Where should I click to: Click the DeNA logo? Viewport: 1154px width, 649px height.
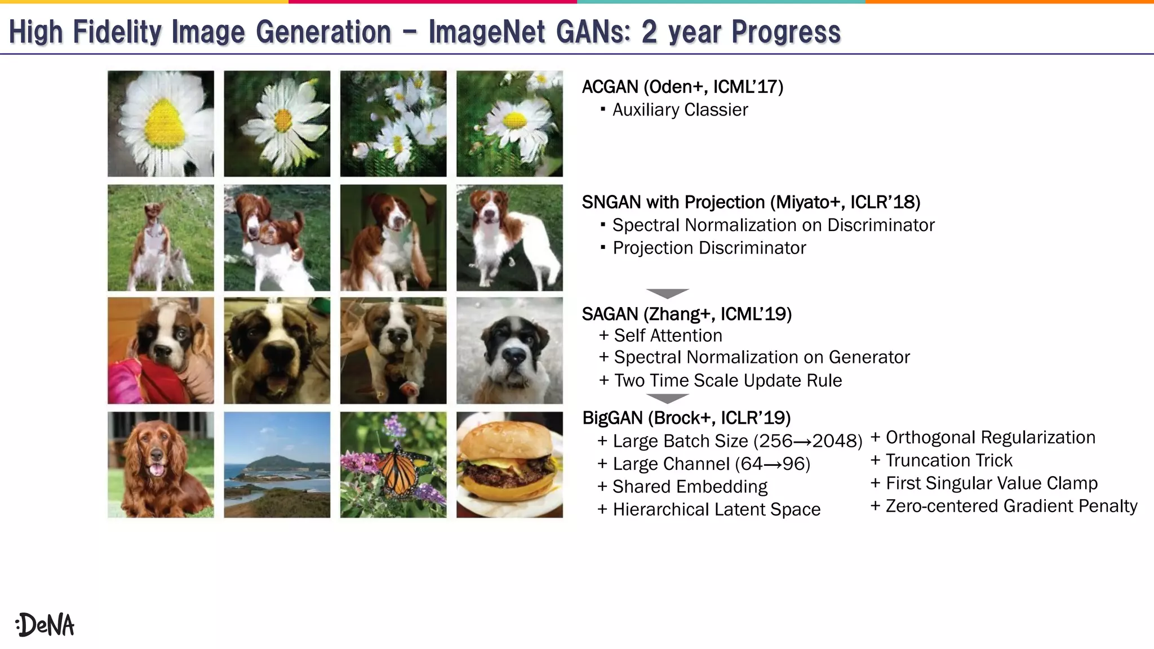coord(45,625)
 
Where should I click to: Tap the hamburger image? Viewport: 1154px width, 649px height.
coord(509,465)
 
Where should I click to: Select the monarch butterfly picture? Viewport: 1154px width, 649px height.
coord(393,465)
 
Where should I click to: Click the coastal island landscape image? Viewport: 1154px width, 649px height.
coord(277,465)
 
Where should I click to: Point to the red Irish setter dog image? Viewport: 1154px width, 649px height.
coord(161,465)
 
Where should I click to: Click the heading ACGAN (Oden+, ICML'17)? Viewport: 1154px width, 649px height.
coord(682,87)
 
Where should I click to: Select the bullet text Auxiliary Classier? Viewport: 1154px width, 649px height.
coord(680,110)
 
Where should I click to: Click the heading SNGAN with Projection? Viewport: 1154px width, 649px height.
coord(751,202)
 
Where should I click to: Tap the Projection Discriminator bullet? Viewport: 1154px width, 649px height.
coord(709,248)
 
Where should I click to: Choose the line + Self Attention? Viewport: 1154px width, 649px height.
coord(660,336)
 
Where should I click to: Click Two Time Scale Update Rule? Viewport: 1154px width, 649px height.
coord(727,381)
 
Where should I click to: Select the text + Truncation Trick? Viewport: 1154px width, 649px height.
coord(942,461)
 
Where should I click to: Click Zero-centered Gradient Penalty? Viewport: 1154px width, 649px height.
coord(1011,506)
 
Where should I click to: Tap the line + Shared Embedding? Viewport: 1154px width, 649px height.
coord(682,487)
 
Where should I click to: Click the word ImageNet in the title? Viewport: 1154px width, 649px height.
coord(487,32)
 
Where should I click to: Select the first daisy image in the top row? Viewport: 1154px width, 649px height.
coord(161,123)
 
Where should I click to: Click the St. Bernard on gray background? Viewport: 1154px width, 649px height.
coord(509,350)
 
